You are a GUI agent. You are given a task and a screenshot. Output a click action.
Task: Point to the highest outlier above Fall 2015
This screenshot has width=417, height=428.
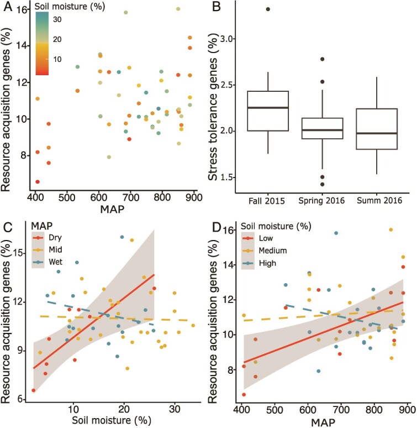[267, 9]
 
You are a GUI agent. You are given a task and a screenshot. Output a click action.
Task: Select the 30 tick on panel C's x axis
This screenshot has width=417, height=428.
[175, 408]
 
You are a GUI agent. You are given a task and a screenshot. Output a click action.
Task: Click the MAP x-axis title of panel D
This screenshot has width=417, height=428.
[324, 421]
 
